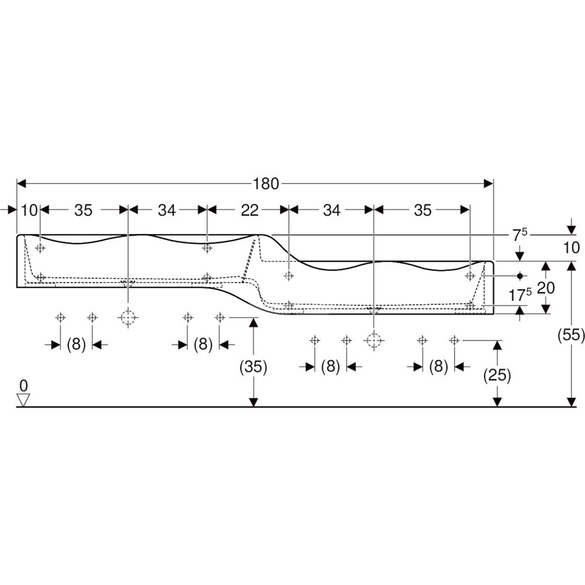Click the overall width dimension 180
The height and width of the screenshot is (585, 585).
266,184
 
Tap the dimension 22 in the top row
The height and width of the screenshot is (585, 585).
249,211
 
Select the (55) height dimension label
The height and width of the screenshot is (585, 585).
571,335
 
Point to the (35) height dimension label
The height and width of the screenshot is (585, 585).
253,367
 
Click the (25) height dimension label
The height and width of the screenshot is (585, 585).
497,374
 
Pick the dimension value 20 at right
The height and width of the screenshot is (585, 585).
546,288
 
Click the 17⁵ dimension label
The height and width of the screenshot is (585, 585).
520,295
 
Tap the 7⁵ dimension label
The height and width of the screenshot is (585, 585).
519,235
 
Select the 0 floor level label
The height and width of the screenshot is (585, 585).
23,386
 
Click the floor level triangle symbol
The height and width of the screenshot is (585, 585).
23,400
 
